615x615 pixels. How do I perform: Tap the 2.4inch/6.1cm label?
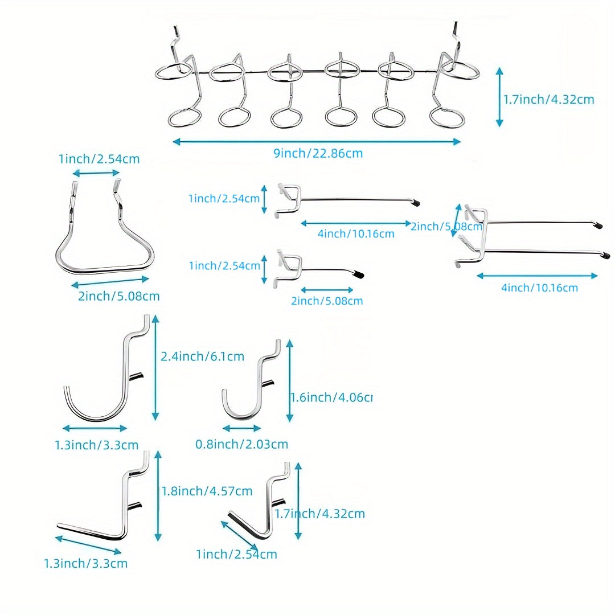point(203,357)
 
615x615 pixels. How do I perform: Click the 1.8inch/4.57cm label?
point(207,491)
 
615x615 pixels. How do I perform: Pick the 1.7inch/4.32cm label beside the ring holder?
point(549,100)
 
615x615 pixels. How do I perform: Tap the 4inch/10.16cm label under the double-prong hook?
point(539,288)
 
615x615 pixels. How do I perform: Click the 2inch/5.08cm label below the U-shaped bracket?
point(119,296)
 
